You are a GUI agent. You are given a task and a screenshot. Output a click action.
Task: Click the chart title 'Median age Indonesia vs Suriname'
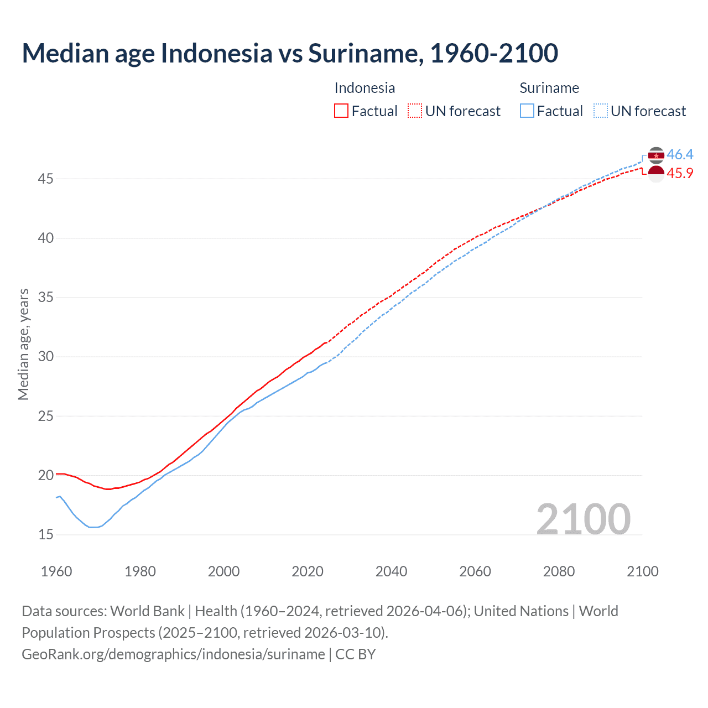point(290,53)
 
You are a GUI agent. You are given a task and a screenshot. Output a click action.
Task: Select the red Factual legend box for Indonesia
point(341,111)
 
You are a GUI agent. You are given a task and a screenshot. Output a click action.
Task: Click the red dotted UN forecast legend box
point(415,111)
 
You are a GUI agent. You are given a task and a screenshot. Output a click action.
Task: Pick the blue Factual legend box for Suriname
point(527,111)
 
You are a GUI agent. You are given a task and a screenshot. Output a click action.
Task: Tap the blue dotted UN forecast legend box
point(601,111)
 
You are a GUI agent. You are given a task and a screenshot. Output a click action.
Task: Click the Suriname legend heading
point(549,88)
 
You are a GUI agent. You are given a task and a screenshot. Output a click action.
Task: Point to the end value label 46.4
point(680,154)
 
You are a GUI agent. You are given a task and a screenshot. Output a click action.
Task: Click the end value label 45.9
point(680,173)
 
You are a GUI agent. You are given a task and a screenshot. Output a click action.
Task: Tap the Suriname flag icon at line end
point(656,155)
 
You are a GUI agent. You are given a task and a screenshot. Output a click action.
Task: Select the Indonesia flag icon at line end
point(656,174)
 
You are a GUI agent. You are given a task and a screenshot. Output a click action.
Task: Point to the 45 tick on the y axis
point(46,179)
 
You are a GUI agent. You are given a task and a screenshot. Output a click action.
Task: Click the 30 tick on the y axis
point(46,356)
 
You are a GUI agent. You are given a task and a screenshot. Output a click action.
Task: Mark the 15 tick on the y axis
point(46,534)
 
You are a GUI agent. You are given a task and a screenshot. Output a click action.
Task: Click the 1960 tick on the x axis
point(56,571)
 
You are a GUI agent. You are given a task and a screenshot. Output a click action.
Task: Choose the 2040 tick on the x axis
point(391,571)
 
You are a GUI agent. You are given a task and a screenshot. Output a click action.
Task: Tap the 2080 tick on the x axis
point(559,571)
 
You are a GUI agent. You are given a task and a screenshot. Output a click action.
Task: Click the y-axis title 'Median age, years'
point(23,344)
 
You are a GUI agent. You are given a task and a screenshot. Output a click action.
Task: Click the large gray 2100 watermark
point(583,519)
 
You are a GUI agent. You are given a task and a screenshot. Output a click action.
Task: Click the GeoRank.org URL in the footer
point(173,654)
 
